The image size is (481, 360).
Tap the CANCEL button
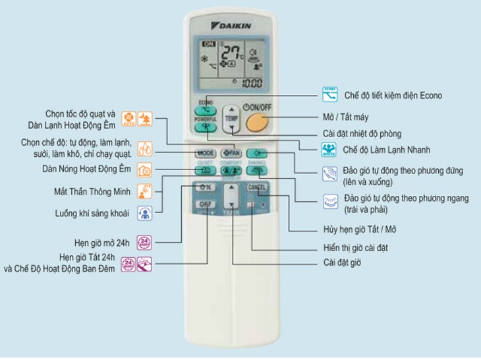[256, 187]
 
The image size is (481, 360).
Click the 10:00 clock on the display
[250, 84]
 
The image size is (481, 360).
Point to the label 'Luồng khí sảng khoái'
[92, 213]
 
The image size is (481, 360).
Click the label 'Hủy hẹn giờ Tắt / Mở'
[360, 229]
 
